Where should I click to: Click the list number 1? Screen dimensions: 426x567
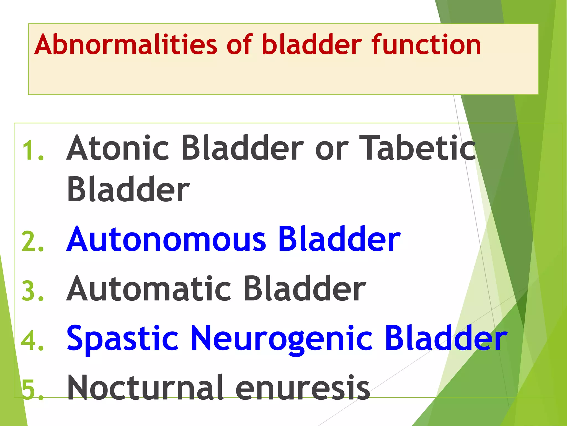(x=33, y=151)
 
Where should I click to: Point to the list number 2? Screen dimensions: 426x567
(x=33, y=242)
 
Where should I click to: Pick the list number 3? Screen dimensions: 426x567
(x=33, y=291)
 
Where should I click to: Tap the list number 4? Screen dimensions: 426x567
(x=33, y=341)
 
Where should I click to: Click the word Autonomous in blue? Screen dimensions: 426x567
(x=166, y=239)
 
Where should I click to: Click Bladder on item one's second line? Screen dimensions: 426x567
(x=128, y=189)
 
